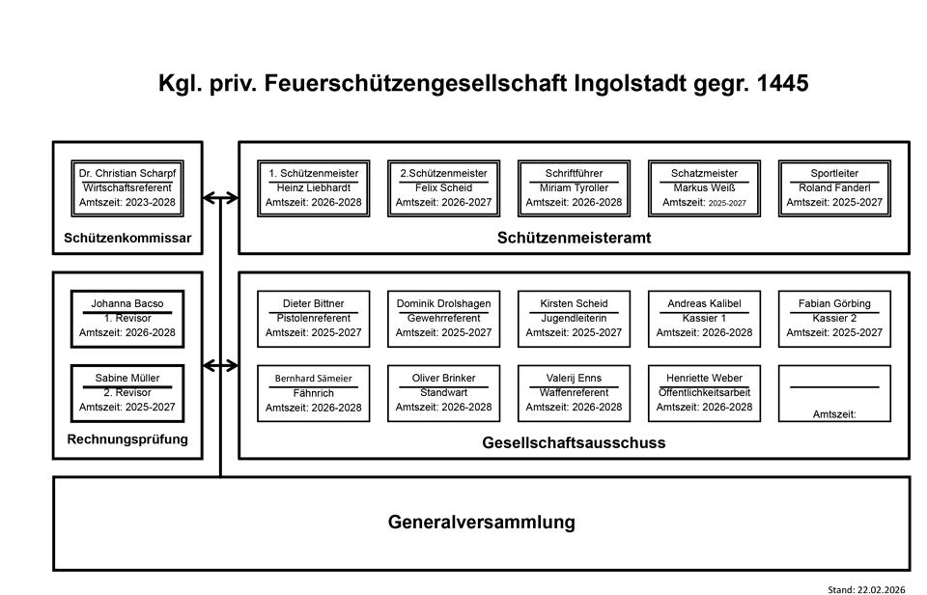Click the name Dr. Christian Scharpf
(127, 173)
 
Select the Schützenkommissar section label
(127, 238)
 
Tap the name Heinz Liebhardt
(313, 188)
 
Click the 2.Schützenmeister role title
(443, 173)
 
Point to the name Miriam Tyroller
(574, 188)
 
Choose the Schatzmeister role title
(704, 173)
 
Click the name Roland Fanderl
(834, 188)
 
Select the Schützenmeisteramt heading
(575, 238)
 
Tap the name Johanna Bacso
(127, 303)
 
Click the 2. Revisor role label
(127, 393)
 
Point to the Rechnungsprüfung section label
(127, 440)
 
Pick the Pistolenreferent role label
(313, 318)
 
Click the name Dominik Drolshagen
(443, 303)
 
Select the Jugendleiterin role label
(574, 318)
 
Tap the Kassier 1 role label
(704, 318)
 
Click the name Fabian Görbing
(834, 303)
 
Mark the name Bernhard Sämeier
(313, 379)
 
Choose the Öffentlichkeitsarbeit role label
(704, 393)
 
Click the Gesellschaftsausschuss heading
(574, 443)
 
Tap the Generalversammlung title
(482, 523)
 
